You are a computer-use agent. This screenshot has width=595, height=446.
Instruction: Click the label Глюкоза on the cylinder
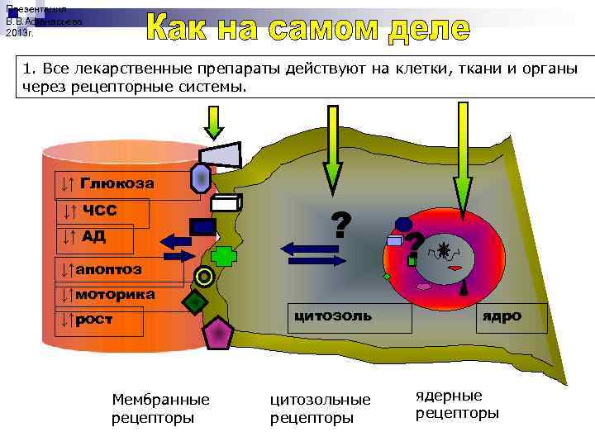click(x=116, y=183)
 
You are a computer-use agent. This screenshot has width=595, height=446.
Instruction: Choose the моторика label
click(x=113, y=294)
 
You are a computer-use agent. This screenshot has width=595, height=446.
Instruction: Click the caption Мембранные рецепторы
click(x=160, y=408)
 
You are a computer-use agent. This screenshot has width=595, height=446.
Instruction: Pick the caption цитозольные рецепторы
click(x=321, y=408)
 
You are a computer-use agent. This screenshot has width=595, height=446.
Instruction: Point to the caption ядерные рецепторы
click(x=457, y=404)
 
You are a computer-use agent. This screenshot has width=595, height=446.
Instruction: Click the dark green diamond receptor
click(x=194, y=302)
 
